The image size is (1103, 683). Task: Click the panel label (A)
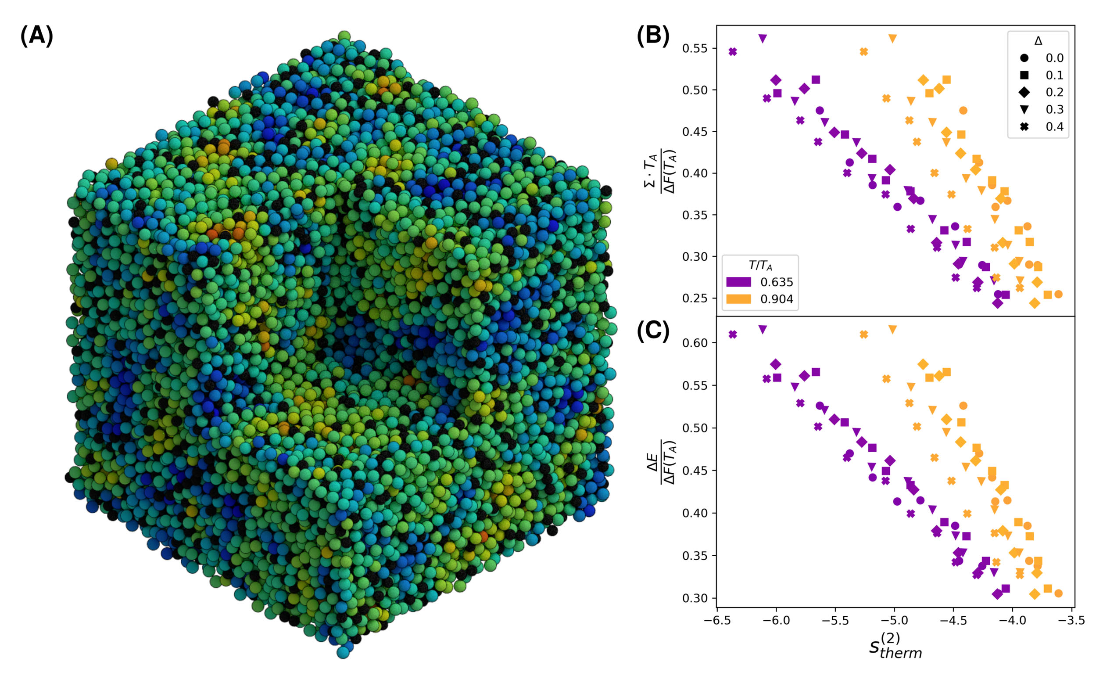pos(36,36)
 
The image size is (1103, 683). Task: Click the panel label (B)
pos(653,36)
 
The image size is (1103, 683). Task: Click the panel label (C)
pos(653,331)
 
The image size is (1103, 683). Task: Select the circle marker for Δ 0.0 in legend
pos(1024,58)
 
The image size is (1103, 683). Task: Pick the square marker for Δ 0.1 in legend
pos(1024,75)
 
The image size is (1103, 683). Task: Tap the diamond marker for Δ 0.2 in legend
pos(1024,92)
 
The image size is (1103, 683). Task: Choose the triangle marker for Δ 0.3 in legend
pos(1024,109)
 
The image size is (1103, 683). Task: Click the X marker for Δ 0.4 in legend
pos(1024,126)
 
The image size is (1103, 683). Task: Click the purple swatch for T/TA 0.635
pos(738,282)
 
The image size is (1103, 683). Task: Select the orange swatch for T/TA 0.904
pos(738,299)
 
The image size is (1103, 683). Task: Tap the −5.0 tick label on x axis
pos(894,621)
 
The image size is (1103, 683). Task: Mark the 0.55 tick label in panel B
pos(695,48)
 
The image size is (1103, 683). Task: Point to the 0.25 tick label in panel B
pos(695,298)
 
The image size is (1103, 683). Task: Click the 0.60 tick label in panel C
pos(695,343)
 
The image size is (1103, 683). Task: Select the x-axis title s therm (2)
pos(895,647)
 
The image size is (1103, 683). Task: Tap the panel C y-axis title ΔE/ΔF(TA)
pos(662,462)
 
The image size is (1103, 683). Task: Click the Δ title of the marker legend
pos(1038,41)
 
